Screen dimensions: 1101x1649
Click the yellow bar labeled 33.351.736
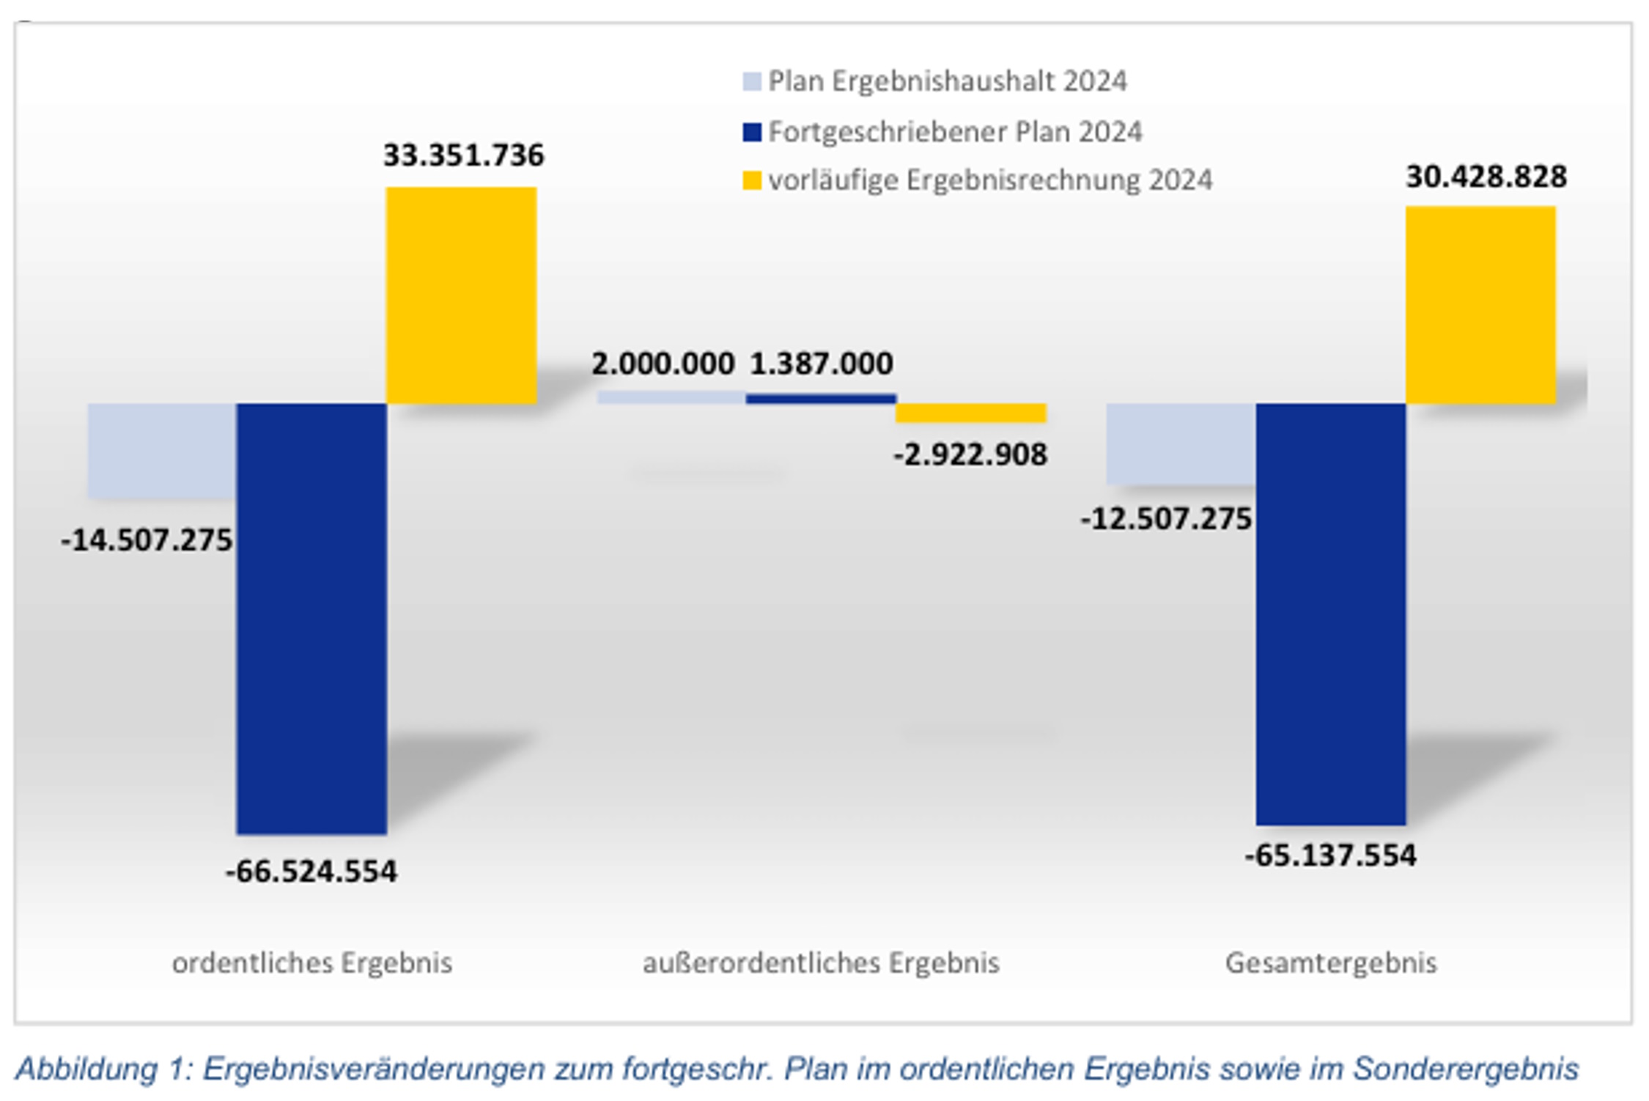point(461,295)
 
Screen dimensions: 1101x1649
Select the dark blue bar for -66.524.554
point(311,618)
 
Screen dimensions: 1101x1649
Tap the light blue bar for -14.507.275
point(162,451)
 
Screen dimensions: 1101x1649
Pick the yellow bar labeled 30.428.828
point(1480,305)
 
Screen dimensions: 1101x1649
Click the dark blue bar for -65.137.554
point(1330,614)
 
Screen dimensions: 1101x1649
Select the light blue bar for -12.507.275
point(1181,443)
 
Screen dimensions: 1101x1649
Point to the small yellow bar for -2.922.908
point(970,413)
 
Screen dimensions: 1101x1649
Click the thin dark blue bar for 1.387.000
point(821,399)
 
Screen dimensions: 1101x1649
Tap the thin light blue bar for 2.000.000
point(671,397)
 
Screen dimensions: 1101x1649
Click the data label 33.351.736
point(463,155)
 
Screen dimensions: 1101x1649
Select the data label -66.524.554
point(311,872)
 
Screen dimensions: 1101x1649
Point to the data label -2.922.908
point(970,455)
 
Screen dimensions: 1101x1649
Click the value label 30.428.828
point(1486,177)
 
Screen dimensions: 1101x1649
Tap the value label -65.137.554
point(1330,855)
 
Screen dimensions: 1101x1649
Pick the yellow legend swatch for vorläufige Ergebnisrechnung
point(751,180)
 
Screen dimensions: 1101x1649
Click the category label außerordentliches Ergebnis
point(821,962)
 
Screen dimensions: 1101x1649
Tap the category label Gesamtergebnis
point(1330,962)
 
